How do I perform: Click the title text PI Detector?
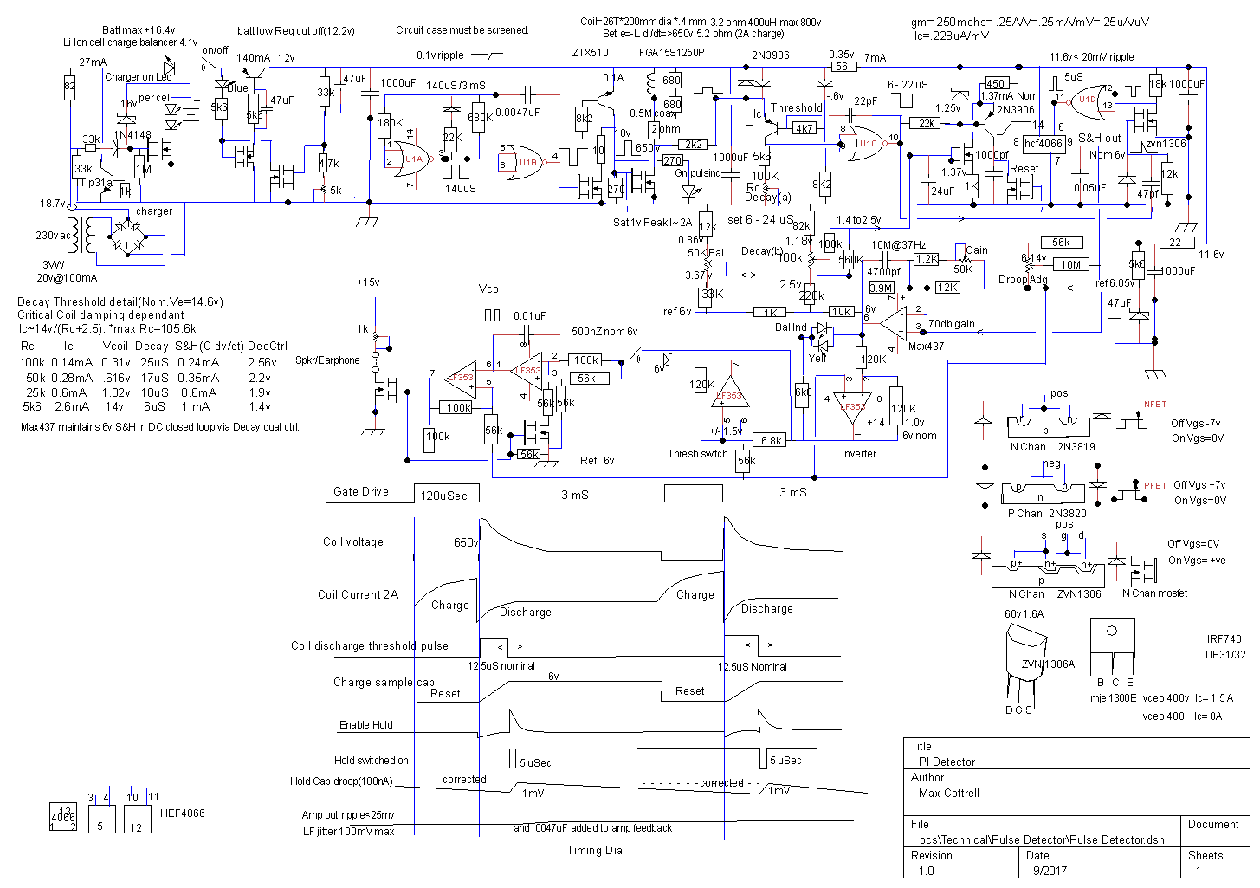point(947,762)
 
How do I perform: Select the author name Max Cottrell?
point(948,793)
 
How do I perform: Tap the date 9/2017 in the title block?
point(1049,871)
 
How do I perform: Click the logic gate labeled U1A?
point(415,159)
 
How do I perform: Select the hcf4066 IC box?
point(1043,143)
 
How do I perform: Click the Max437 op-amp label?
point(926,346)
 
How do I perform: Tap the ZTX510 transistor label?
point(590,53)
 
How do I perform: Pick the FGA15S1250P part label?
point(671,53)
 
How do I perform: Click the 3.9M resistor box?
point(881,288)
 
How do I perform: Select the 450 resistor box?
point(995,84)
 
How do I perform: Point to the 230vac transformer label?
point(54,236)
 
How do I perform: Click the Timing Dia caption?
point(594,850)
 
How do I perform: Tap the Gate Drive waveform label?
point(361,491)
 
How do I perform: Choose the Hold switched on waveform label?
point(371,760)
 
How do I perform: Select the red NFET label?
point(1154,405)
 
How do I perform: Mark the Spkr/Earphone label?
point(327,360)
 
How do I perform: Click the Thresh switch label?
point(697,453)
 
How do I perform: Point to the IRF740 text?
point(1224,639)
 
